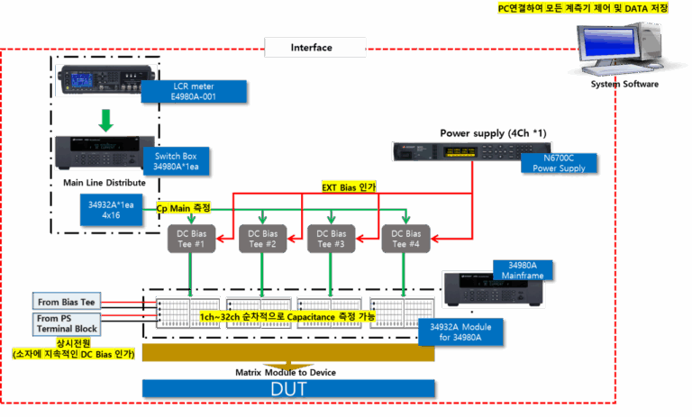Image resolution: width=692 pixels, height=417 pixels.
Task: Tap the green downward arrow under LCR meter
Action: coord(106,120)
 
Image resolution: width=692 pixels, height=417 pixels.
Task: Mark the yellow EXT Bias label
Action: coord(349,187)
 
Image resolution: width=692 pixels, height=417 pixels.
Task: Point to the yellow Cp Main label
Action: coord(183,207)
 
